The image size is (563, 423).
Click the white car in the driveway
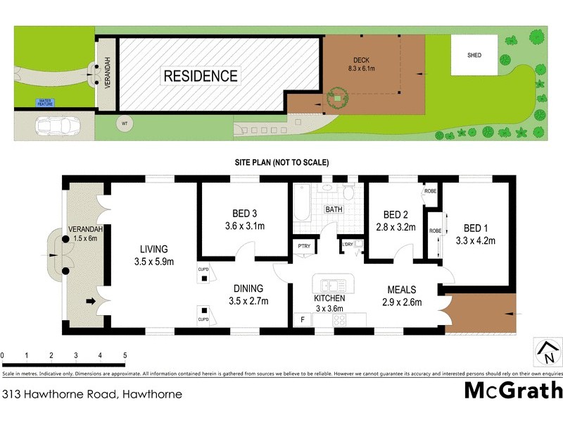tap(57, 127)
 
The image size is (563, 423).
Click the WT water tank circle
tap(125, 124)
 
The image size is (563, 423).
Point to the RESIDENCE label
tap(201, 75)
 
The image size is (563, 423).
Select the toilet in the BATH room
tap(348, 192)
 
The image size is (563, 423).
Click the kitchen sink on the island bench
tap(331, 286)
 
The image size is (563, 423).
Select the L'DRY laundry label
tap(348, 245)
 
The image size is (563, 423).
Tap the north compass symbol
tap(547, 350)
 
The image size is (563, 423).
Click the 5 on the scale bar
tap(125, 355)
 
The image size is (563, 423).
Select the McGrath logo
tap(512, 390)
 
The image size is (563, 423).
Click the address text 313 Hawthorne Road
tap(91, 394)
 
